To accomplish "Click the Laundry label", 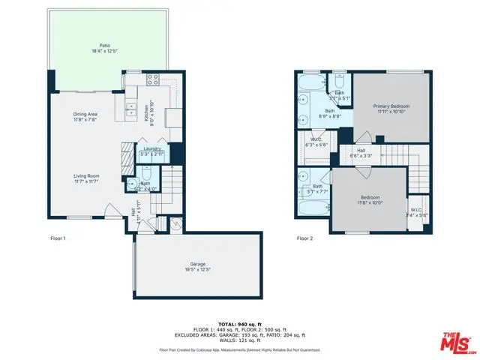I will (x=152, y=149).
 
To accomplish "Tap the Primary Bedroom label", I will (x=392, y=106).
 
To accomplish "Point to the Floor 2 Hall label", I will (x=361, y=150).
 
